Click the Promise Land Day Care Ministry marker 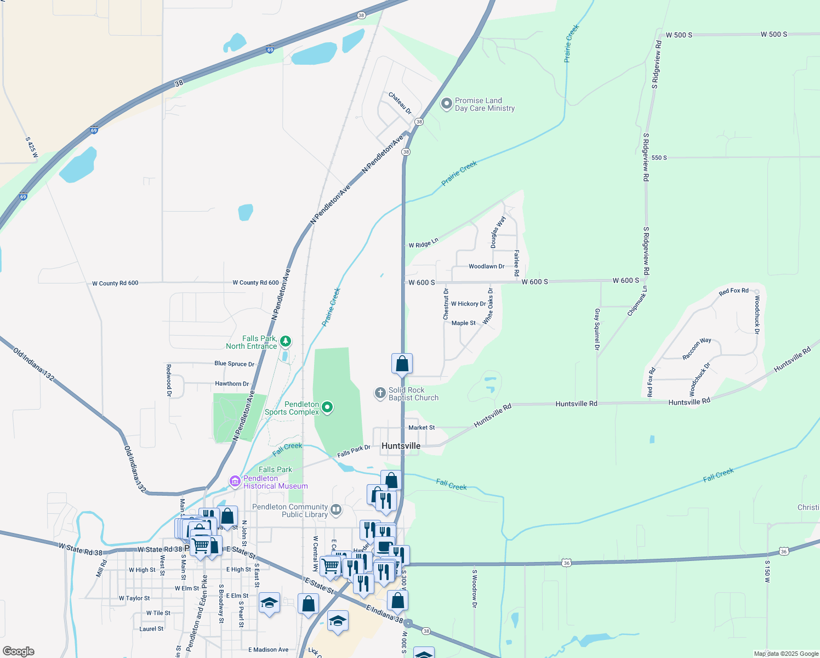(x=447, y=103)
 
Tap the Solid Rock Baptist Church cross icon (x=380, y=393)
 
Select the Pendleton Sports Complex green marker (x=327, y=407)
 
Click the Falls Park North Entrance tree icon (x=286, y=342)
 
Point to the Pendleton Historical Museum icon (x=235, y=481)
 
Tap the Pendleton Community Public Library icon (x=336, y=510)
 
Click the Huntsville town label (x=401, y=446)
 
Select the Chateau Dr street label (x=400, y=103)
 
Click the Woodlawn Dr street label (x=486, y=266)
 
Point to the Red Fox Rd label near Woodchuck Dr (x=733, y=291)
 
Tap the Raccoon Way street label (x=697, y=349)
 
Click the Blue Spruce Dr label (x=235, y=364)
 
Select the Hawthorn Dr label (x=232, y=384)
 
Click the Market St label (x=422, y=428)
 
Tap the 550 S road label (x=659, y=158)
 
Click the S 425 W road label (x=32, y=147)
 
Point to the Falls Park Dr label (x=354, y=451)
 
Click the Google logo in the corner (x=19, y=651)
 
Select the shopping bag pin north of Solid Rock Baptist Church (x=402, y=364)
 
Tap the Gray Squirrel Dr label (x=597, y=329)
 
